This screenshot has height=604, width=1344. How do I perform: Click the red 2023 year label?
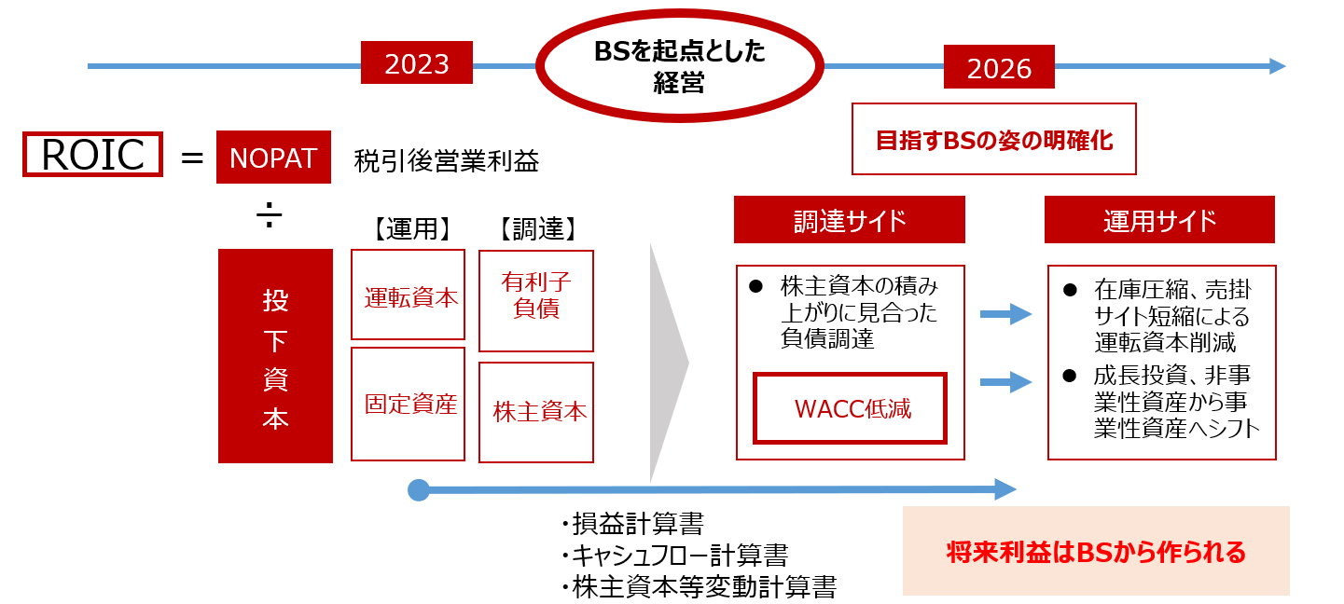coord(416,62)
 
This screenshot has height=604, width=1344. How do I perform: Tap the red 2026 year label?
coord(999,66)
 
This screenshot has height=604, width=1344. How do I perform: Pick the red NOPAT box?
coord(273,158)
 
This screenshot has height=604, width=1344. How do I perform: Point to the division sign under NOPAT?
coord(270,214)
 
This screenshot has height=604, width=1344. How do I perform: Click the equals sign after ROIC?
coord(192,158)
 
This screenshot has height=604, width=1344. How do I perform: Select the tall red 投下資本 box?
coord(275,356)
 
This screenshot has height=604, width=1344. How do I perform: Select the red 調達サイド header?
coord(850,220)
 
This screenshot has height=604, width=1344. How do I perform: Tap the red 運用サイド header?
coord(1160,220)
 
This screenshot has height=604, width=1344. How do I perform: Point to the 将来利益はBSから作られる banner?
coord(1096,551)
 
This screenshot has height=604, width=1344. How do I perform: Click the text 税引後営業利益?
coord(447,160)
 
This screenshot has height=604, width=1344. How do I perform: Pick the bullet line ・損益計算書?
coord(632,523)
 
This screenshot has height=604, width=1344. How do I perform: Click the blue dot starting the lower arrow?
coord(419,490)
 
